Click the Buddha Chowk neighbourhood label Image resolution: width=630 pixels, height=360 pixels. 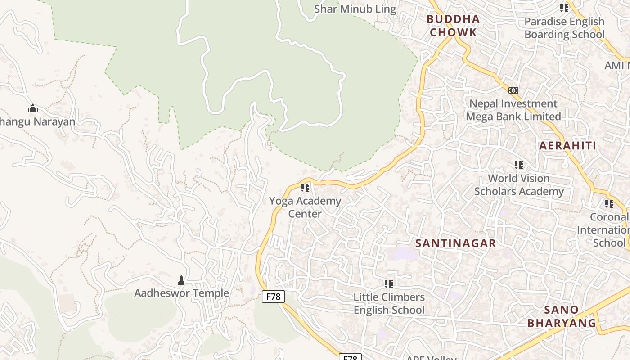pos(453,26)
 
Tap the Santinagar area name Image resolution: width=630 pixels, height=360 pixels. pos(455,243)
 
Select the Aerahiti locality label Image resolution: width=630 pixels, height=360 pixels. pos(567,146)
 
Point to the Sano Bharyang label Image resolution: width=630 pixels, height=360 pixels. pos(561,316)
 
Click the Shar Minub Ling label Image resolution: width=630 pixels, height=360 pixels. pos(355,9)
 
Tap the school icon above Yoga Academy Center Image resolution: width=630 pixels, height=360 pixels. pos(305,187)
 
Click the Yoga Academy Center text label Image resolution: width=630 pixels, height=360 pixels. pos(305,207)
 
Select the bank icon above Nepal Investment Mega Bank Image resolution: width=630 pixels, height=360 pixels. pos(513,90)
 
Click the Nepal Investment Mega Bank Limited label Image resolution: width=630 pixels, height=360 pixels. pos(513,110)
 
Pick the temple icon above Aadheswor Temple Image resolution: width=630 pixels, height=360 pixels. pos(181,280)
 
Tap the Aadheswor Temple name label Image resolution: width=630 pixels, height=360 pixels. pos(181,293)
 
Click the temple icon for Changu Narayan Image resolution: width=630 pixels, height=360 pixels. pos(32,108)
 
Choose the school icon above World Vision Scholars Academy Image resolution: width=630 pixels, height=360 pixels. pos(519,165)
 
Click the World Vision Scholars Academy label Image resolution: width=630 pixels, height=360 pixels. pos(519,185)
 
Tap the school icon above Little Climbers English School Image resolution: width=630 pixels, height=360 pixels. pos(389,284)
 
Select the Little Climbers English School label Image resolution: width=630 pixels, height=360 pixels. pos(389,304)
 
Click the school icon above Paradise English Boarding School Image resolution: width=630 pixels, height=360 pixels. pos(564,8)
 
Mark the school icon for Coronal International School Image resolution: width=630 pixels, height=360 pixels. pos(609,204)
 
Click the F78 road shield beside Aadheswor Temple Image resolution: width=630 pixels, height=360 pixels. pos(273,297)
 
